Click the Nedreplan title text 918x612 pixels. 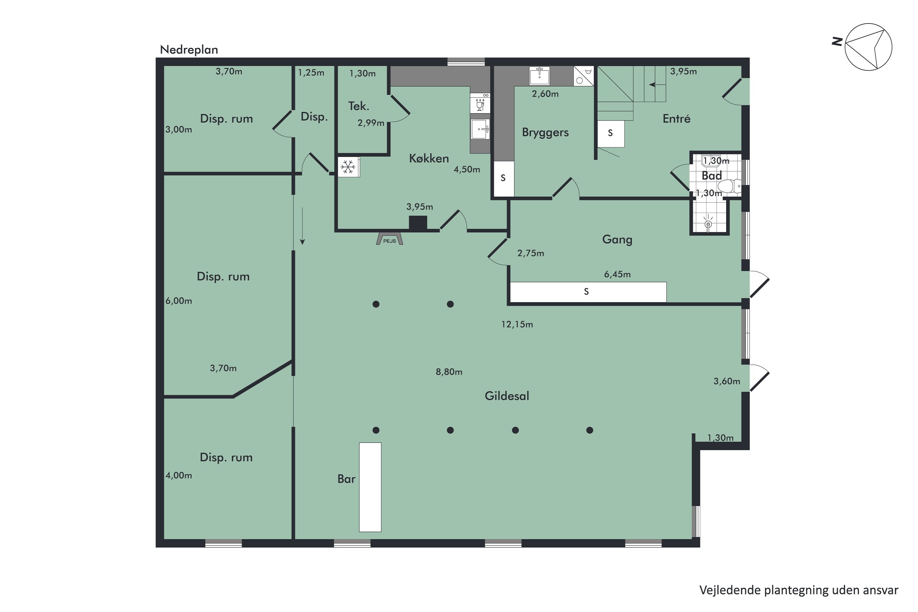point(189,50)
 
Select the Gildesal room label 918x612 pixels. point(507,396)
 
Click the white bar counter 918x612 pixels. point(370,487)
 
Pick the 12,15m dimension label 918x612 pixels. point(517,324)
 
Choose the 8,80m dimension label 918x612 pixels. point(449,372)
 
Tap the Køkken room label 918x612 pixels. point(429,158)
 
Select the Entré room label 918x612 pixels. point(676,119)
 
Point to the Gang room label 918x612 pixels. point(617,239)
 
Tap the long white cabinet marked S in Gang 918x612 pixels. point(588,292)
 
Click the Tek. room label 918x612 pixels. point(358,106)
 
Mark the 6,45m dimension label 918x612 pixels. point(617,274)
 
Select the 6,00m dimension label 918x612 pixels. point(179,301)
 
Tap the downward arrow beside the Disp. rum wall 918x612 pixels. point(302,226)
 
